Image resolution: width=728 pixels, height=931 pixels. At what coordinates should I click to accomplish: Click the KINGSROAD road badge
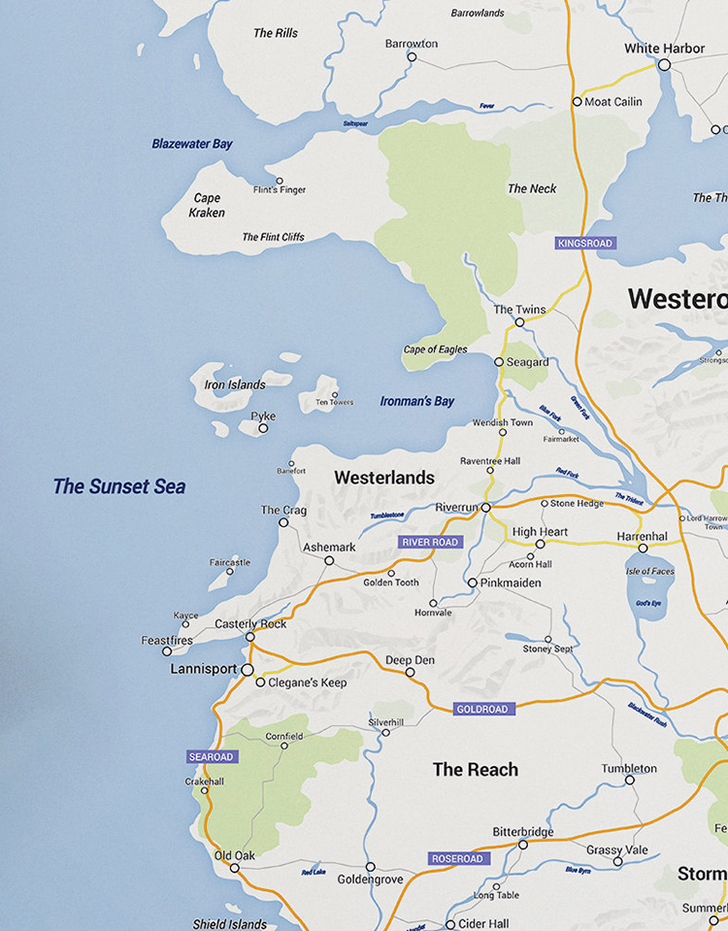tap(586, 243)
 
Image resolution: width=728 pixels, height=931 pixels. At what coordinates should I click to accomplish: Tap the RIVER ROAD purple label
tap(430, 542)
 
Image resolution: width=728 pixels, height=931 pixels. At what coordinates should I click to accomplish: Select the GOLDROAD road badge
tap(482, 709)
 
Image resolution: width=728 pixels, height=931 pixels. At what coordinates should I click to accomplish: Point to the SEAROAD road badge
tap(212, 756)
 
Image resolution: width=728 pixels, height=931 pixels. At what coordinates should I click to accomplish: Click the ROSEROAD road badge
tap(458, 858)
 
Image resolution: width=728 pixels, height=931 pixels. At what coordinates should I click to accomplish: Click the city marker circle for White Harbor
tap(664, 65)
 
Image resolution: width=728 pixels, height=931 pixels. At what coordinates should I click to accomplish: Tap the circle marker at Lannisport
tap(248, 670)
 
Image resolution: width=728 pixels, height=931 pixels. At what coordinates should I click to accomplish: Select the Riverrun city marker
tap(485, 507)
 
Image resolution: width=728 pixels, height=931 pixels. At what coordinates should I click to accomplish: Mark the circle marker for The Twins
tap(519, 322)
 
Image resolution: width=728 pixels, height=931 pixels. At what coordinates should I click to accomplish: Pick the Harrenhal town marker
tap(643, 550)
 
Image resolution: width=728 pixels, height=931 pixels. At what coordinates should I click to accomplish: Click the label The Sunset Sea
tap(118, 486)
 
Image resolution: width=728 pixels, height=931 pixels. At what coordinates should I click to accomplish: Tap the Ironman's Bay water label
tap(416, 401)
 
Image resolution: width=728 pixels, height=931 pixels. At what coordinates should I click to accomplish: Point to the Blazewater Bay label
tap(192, 144)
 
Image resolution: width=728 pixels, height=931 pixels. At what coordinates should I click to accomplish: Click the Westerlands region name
tap(383, 478)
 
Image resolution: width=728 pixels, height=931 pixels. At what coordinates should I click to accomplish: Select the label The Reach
tap(475, 769)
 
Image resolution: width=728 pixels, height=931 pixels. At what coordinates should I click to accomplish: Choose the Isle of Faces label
tap(650, 571)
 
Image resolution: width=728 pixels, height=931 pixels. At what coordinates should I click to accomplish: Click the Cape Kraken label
tap(207, 205)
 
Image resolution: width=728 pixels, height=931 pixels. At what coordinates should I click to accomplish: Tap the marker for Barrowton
tap(412, 57)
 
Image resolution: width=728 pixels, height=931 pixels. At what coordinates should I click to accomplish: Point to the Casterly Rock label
tap(250, 624)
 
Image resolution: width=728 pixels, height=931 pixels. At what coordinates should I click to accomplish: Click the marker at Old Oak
tap(234, 868)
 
